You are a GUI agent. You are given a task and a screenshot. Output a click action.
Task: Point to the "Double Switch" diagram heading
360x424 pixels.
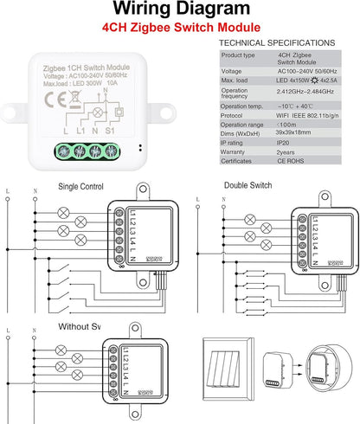point(247,185)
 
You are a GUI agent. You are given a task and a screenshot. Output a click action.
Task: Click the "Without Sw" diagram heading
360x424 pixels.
point(79,326)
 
